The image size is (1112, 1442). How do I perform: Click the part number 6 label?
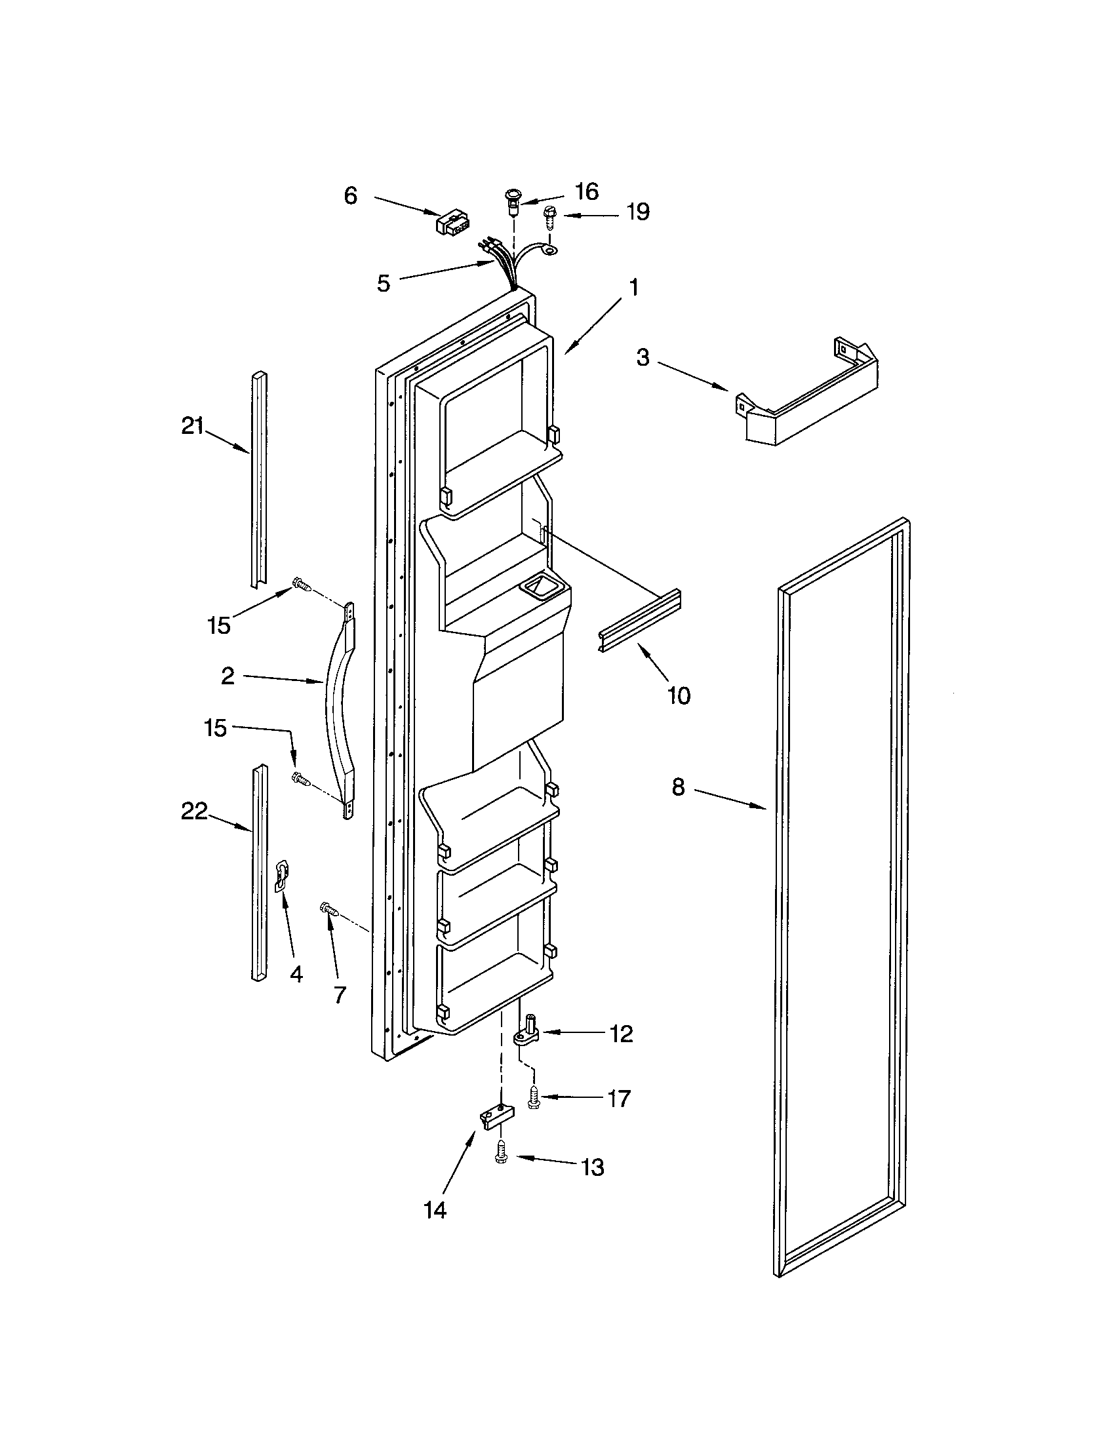pyautogui.click(x=351, y=195)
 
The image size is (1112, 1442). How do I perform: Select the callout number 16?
pyautogui.click(x=586, y=191)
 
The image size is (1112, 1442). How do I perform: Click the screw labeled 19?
pyautogui.click(x=549, y=217)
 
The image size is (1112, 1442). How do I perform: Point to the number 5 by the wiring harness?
pyautogui.click(x=384, y=284)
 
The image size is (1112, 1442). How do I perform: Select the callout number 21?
pyautogui.click(x=192, y=427)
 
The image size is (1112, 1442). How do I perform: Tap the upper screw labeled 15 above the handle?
pyautogui.click(x=302, y=583)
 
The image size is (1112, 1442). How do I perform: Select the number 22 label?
pyautogui.click(x=194, y=811)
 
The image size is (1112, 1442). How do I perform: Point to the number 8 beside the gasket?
pyautogui.click(x=679, y=787)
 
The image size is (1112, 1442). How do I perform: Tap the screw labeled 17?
pyautogui.click(x=532, y=1098)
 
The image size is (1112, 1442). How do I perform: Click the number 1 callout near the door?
pyautogui.click(x=633, y=288)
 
